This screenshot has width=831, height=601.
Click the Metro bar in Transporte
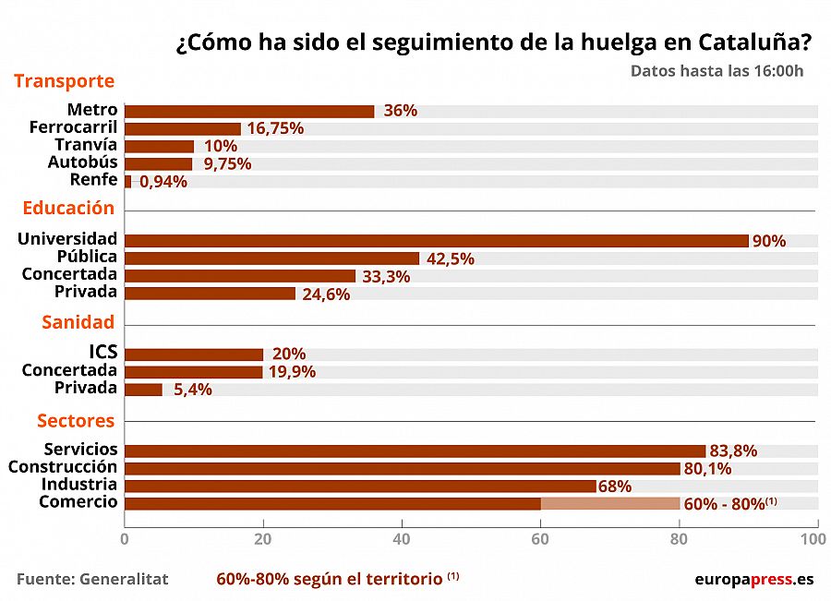click(249, 111)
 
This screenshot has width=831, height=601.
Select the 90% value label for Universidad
click(768, 241)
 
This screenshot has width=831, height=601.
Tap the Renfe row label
click(93, 180)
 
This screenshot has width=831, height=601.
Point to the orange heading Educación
click(68, 208)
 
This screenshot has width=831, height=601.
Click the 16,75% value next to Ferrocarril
click(275, 128)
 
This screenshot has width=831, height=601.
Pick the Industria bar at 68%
click(360, 486)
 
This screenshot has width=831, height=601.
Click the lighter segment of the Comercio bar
click(610, 503)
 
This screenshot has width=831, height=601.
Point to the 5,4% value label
click(191, 390)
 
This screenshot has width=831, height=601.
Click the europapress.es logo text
click(753, 579)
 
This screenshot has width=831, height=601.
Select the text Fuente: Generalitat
click(92, 579)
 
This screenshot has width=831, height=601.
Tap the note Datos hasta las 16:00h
click(717, 71)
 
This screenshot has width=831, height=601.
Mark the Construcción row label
click(63, 467)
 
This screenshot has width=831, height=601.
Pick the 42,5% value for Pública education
click(450, 258)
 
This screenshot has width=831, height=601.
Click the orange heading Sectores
click(76, 421)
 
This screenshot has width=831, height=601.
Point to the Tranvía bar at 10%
click(159, 146)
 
